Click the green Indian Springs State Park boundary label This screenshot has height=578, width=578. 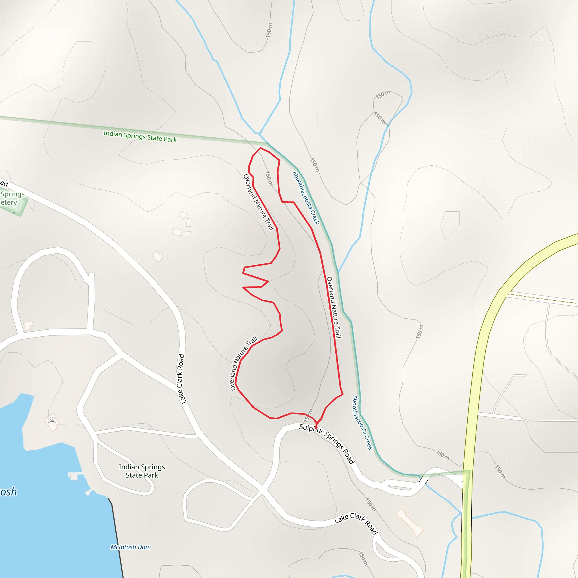[x=140, y=136]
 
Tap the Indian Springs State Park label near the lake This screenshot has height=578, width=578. [x=142, y=471]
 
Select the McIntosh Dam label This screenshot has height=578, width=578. [x=131, y=547]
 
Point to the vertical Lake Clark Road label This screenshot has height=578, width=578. [x=181, y=379]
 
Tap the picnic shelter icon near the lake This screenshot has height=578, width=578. [x=52, y=422]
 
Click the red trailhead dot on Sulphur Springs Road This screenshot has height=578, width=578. [x=316, y=428]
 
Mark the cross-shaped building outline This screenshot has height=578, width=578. [x=158, y=256]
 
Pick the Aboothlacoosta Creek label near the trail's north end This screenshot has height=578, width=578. [x=306, y=198]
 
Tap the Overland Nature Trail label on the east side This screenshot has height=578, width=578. [x=334, y=307]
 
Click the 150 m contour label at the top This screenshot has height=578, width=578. [x=269, y=30]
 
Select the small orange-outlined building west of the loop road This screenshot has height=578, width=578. [x=28, y=325]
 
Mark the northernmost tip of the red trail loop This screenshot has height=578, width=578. [x=260, y=148]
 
